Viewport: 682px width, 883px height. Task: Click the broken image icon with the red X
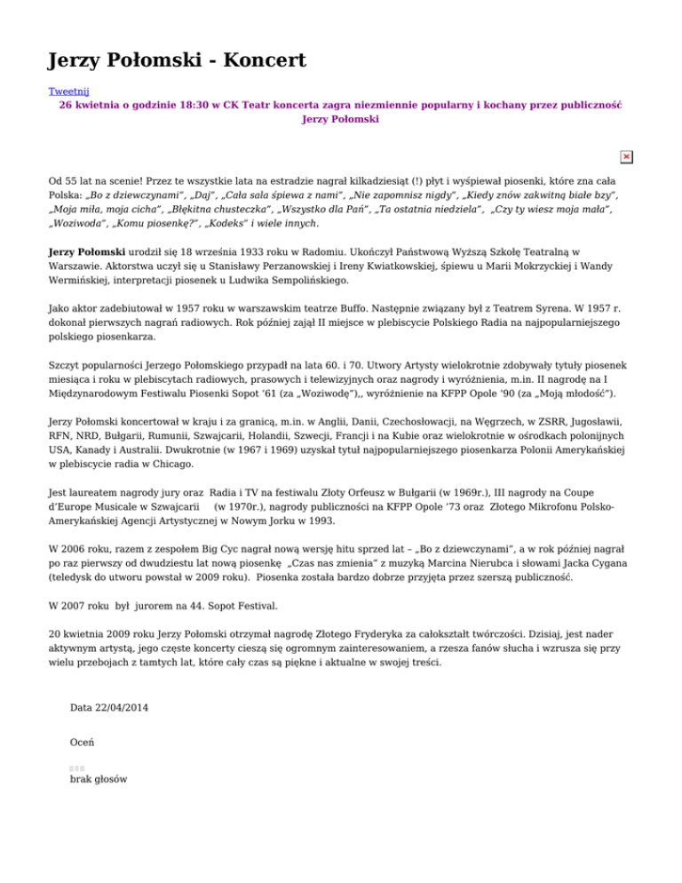point(626,156)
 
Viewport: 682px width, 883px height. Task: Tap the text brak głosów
point(98,779)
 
